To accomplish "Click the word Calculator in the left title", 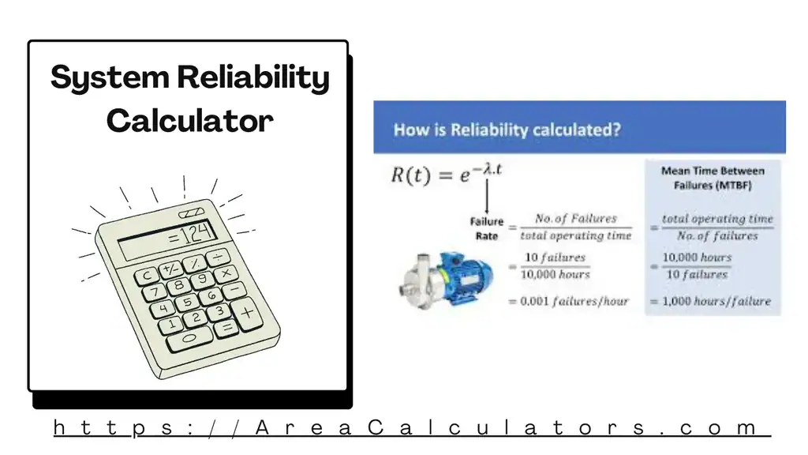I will point(189,121).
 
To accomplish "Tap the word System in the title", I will point(110,79).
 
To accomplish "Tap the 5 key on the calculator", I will point(187,303).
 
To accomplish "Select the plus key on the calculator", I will point(247,312).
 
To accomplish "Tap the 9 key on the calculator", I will point(203,279).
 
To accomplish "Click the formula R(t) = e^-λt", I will point(447,175).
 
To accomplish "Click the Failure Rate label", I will point(486,228).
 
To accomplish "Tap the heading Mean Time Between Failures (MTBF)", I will point(713,179).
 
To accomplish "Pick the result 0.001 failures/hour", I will point(574,301).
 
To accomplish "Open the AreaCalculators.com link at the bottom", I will point(410,428).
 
